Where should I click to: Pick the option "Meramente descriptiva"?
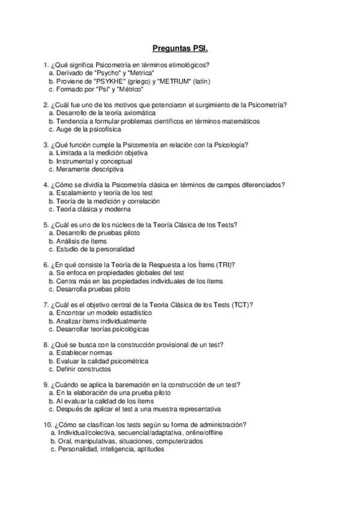click(x=86, y=169)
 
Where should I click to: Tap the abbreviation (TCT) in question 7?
click(x=242, y=304)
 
